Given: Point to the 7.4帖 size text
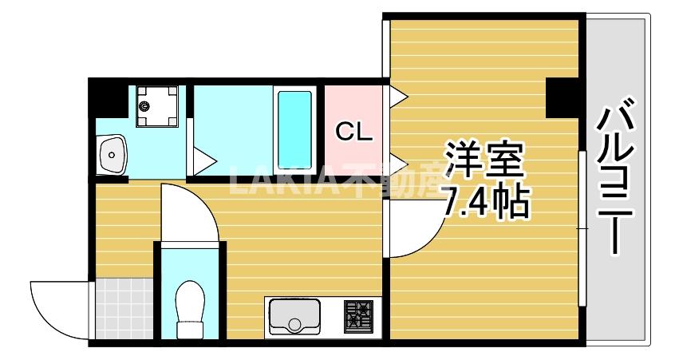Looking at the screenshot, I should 484,204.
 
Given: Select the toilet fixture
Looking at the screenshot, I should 190,307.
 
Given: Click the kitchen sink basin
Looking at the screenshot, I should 295,316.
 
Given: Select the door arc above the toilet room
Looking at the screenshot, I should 188,212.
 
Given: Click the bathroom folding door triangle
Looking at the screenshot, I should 202,160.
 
